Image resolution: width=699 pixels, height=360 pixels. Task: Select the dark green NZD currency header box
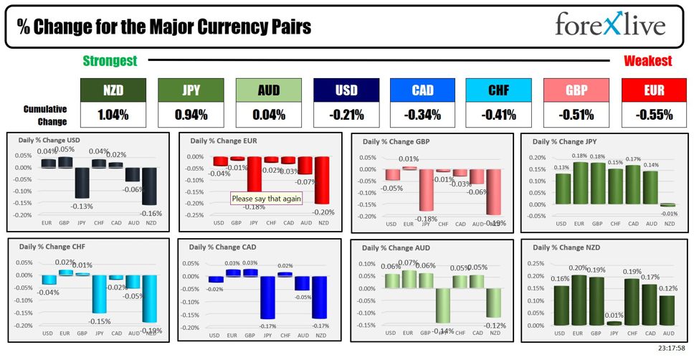click(x=113, y=90)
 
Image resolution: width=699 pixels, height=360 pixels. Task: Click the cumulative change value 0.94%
click(x=191, y=114)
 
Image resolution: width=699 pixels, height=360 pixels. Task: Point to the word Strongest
click(x=110, y=61)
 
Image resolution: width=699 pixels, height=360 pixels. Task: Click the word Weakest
click(x=647, y=61)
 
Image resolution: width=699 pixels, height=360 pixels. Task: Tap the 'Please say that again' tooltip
click(x=266, y=199)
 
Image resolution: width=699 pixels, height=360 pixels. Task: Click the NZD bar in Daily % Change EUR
click(x=321, y=179)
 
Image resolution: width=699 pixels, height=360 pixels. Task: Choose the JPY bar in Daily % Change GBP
click(x=426, y=190)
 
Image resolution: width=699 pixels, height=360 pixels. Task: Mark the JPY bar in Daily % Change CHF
click(x=100, y=294)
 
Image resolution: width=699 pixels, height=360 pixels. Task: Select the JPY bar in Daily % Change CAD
click(x=267, y=298)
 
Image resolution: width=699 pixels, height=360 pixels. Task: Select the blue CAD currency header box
click(x=422, y=90)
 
